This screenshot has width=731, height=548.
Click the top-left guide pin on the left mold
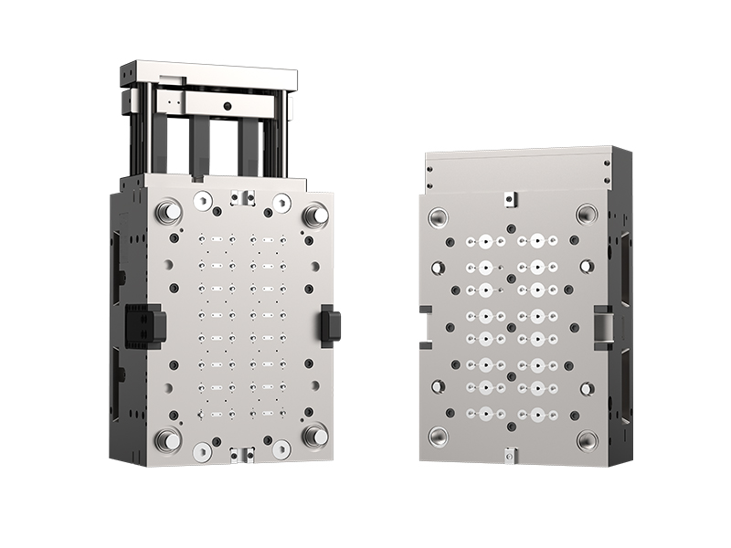(x=167, y=212)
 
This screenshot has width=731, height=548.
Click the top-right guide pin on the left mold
(x=315, y=215)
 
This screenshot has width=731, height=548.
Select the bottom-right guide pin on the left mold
(x=315, y=437)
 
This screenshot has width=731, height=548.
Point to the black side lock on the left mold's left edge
(x=145, y=324)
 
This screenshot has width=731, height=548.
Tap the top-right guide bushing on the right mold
(x=586, y=215)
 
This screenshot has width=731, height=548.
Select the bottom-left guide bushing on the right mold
(x=438, y=436)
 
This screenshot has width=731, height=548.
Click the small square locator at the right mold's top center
(x=510, y=196)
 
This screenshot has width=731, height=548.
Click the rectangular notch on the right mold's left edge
(x=425, y=321)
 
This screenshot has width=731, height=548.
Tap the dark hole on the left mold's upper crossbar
(x=226, y=107)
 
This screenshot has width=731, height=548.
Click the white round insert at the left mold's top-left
(x=202, y=200)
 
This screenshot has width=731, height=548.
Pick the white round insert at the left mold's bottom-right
(x=281, y=448)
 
